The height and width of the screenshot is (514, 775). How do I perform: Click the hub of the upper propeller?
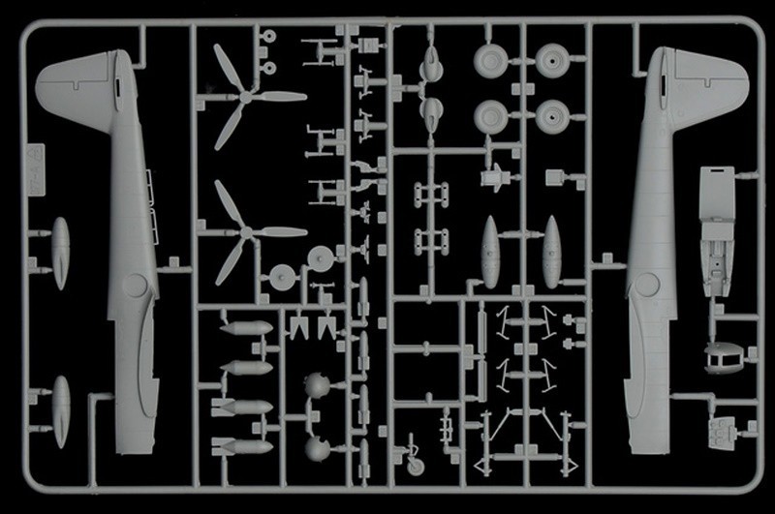(248, 96)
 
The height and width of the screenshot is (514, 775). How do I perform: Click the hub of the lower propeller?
(247, 232)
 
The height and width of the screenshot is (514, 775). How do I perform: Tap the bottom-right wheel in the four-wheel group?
(552, 116)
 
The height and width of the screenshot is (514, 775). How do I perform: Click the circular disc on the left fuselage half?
(136, 286)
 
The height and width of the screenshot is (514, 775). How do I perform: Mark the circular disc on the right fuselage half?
(642, 285)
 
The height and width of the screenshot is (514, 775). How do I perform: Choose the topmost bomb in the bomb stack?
(245, 328)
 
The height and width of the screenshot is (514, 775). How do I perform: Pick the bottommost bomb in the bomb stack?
(241, 446)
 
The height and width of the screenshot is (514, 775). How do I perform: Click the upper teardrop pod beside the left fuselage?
(61, 253)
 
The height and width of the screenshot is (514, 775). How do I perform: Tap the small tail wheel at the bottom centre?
(416, 466)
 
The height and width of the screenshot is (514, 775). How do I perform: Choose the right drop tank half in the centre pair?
(551, 251)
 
